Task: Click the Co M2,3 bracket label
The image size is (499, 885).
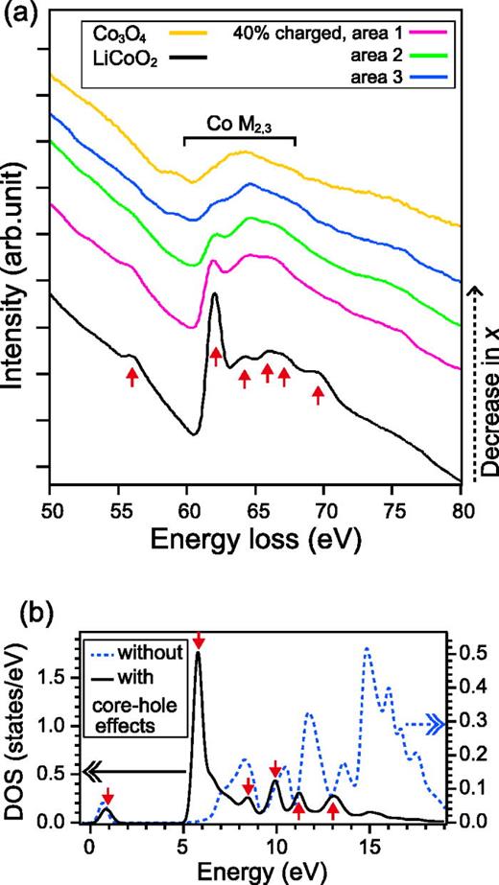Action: [238, 125]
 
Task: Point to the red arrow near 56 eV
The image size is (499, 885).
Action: [132, 377]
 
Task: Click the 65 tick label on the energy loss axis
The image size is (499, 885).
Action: [254, 504]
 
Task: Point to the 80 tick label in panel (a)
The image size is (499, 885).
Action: [461, 504]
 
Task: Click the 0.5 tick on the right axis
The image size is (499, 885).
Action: [475, 653]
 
